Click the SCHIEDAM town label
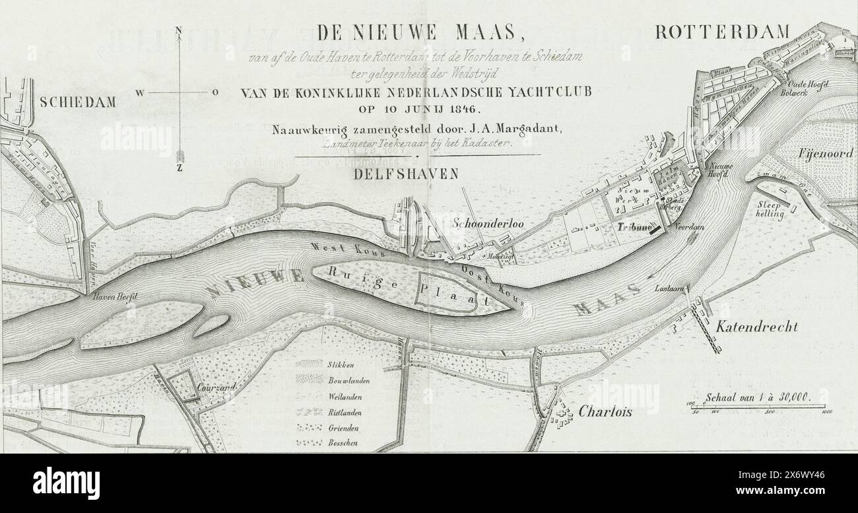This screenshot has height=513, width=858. pos(78,102)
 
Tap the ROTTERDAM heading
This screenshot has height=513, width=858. pos(723,32)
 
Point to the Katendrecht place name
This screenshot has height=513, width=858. pos(757,326)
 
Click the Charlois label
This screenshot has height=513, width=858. pos(605,411)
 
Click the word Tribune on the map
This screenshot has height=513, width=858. pos(632,226)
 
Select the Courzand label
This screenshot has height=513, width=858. pos(216,389)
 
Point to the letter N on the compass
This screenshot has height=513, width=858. pos(178,30)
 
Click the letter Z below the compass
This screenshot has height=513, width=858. pos(180,168)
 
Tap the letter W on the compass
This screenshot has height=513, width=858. pos(140,93)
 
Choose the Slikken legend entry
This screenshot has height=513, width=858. pos(340,364)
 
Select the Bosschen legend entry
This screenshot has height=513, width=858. pos(343,443)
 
